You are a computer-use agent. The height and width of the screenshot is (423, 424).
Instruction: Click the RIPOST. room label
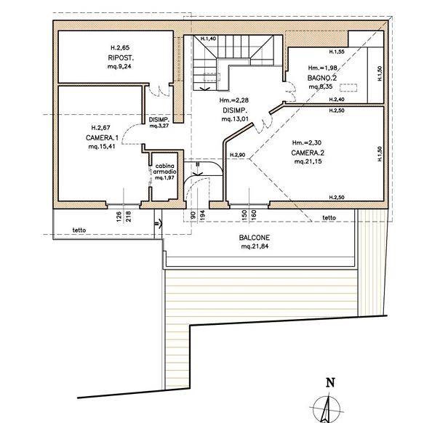click(121, 58)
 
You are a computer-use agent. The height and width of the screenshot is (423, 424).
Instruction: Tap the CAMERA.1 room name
click(103, 138)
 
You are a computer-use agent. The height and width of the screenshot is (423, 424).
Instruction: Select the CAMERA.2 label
click(308, 153)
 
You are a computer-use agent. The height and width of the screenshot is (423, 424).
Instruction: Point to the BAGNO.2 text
click(322, 78)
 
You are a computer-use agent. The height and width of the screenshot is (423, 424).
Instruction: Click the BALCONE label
click(255, 238)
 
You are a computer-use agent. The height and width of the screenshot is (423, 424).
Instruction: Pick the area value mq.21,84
click(255, 246)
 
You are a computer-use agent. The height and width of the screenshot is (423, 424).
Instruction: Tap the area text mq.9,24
click(119, 66)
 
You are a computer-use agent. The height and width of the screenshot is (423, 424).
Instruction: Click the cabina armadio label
click(164, 169)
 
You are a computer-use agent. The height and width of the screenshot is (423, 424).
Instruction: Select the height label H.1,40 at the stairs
click(208, 39)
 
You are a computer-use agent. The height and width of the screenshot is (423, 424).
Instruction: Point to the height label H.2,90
click(237, 155)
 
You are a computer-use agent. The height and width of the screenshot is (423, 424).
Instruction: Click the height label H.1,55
click(337, 52)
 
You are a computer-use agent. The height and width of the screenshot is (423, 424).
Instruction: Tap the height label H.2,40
click(337, 100)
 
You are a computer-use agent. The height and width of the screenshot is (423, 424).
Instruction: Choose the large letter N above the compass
click(331, 383)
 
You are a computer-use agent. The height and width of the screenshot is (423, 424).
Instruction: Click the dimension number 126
click(119, 217)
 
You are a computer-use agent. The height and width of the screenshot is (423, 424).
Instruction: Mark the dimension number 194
click(203, 215)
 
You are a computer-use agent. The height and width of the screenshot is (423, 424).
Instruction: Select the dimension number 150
click(244, 215)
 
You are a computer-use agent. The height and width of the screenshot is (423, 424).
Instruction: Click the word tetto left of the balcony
click(79, 230)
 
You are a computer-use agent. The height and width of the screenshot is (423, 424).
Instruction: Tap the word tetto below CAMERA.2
click(329, 217)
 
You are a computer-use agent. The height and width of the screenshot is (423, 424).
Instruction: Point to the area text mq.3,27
click(159, 126)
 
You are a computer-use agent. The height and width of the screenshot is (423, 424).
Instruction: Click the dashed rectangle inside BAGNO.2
click(348, 88)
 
